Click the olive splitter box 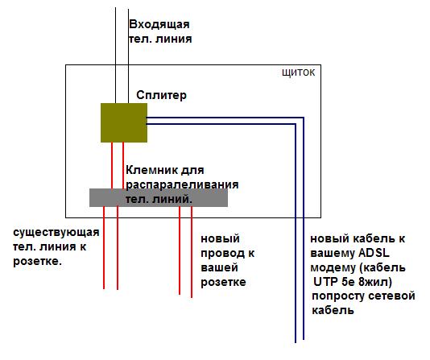click(124, 122)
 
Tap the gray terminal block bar click(159, 197)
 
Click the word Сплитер click(161, 95)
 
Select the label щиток click(299, 72)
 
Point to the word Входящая click(159, 24)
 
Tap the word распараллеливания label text click(182, 184)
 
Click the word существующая click(56, 233)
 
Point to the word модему click(333, 267)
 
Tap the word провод click(222, 254)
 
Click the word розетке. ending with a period click(38, 261)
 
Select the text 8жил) click(375, 282)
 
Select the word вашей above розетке click(219, 267)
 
